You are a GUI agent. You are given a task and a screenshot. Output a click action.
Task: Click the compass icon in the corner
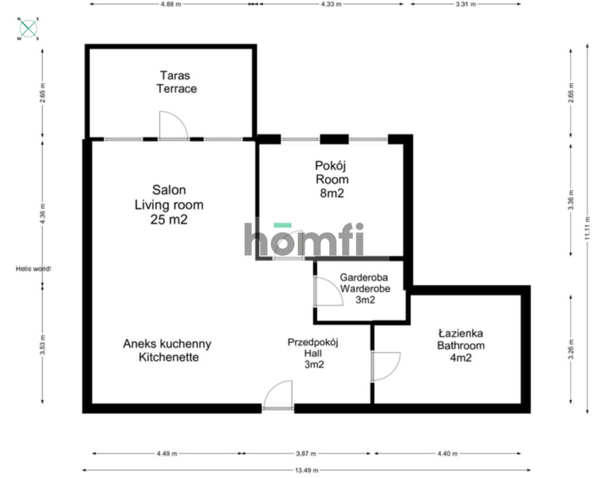(28, 29)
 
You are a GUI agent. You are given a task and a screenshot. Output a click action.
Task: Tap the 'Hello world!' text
(33, 269)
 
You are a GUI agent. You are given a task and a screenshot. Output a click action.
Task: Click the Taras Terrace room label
(176, 82)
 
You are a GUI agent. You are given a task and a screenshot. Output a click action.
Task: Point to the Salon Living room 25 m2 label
(169, 204)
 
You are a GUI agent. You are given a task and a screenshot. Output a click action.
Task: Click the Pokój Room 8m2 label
(332, 179)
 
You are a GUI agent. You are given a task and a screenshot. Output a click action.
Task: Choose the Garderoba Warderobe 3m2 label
(364, 288)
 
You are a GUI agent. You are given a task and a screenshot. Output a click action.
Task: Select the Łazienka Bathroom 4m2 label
(460, 345)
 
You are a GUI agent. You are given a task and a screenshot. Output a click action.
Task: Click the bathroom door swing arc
(386, 366)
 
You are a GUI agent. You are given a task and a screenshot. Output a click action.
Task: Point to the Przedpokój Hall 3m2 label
(313, 353)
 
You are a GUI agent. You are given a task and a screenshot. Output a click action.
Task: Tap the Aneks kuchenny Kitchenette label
(167, 350)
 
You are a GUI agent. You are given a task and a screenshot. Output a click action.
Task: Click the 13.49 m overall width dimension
(306, 470)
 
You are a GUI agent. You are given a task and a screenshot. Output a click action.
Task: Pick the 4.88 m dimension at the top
(171, 4)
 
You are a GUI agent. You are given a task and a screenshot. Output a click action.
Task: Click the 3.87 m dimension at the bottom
(308, 454)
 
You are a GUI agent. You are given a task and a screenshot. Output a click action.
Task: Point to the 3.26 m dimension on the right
(571, 349)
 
